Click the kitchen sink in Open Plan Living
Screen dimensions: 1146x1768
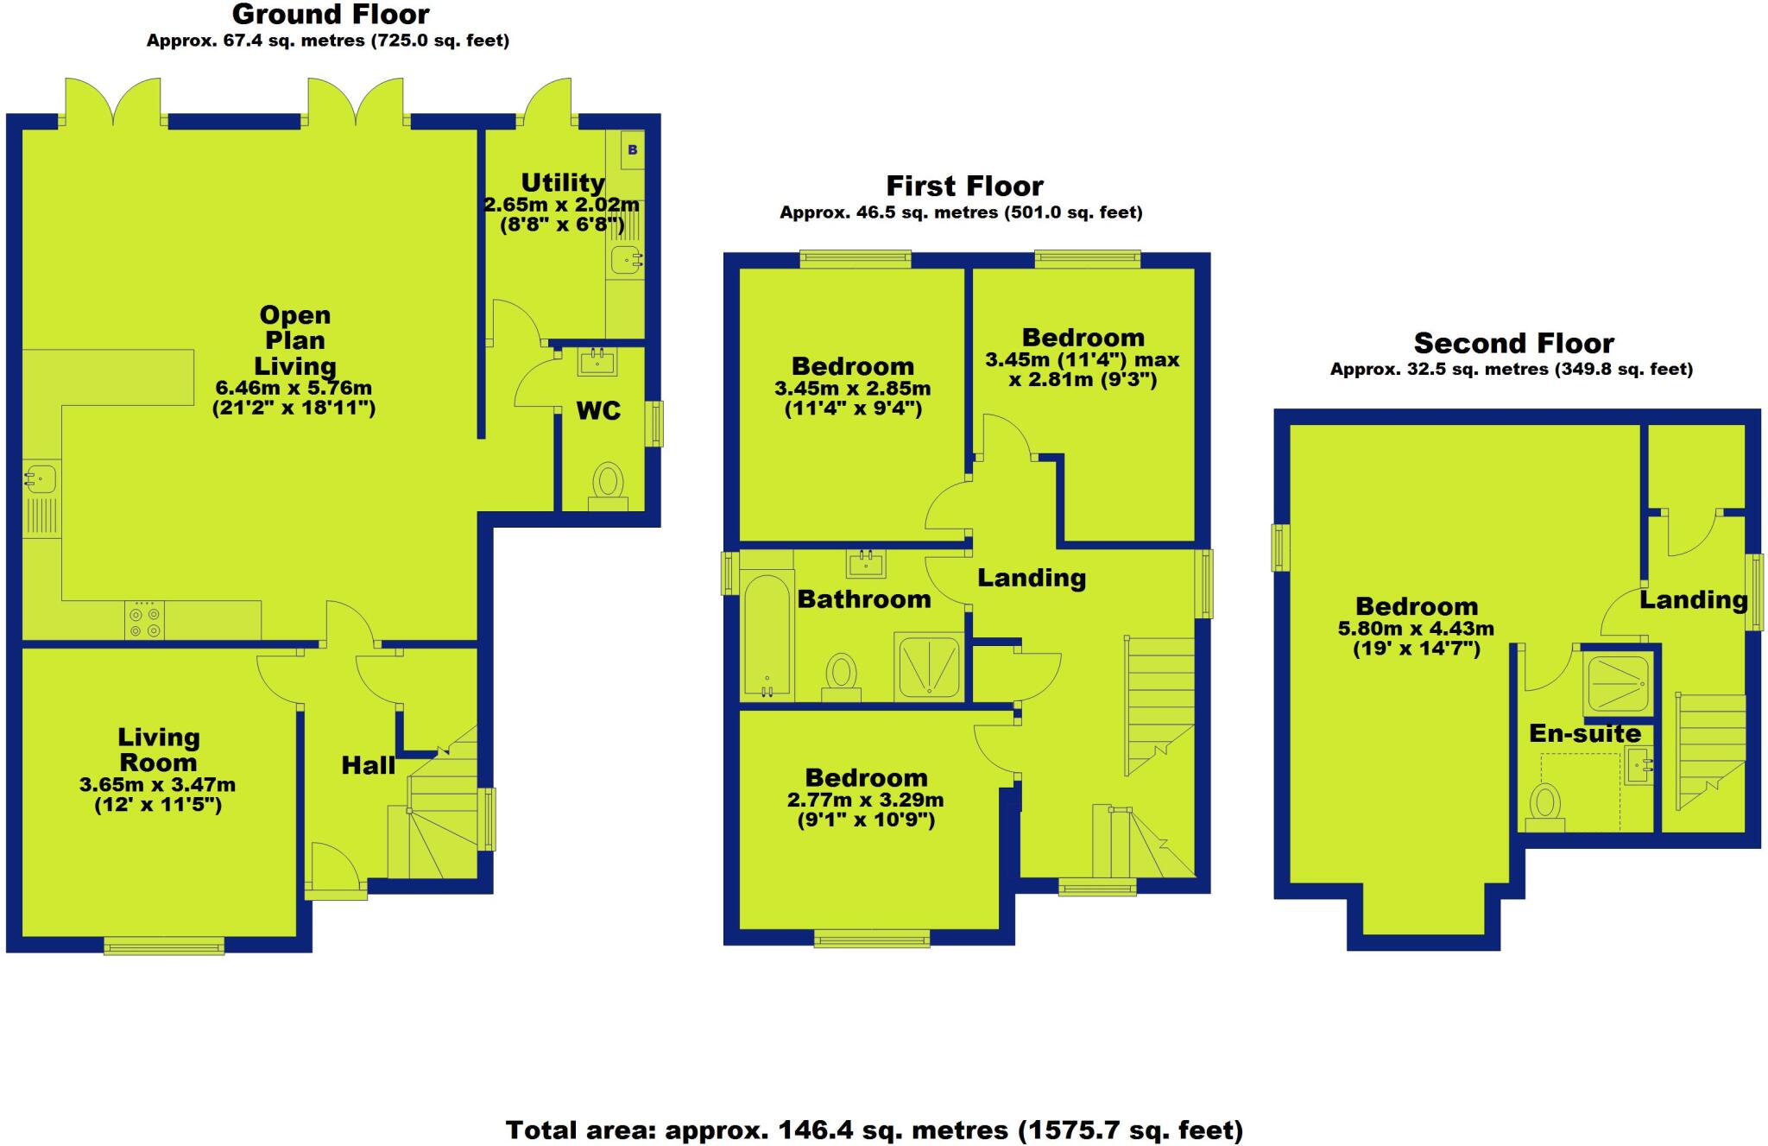coord(40,477)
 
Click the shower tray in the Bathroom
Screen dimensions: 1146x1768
coord(929,666)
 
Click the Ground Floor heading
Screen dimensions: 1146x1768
coord(331,15)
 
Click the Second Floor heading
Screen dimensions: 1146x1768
coord(1513,344)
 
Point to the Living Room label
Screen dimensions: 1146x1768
coord(159,750)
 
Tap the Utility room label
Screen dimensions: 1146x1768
coord(562,183)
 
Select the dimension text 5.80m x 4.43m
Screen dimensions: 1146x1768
coord(1416,630)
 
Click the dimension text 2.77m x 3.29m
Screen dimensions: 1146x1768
coord(865,801)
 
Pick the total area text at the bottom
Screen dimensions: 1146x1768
coord(874,1130)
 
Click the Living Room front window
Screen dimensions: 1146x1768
coord(164,947)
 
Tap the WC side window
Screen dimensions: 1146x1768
coord(657,423)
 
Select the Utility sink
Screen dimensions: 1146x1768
coord(625,258)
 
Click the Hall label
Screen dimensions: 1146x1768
coord(368,765)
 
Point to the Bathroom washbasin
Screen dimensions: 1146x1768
coord(866,565)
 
